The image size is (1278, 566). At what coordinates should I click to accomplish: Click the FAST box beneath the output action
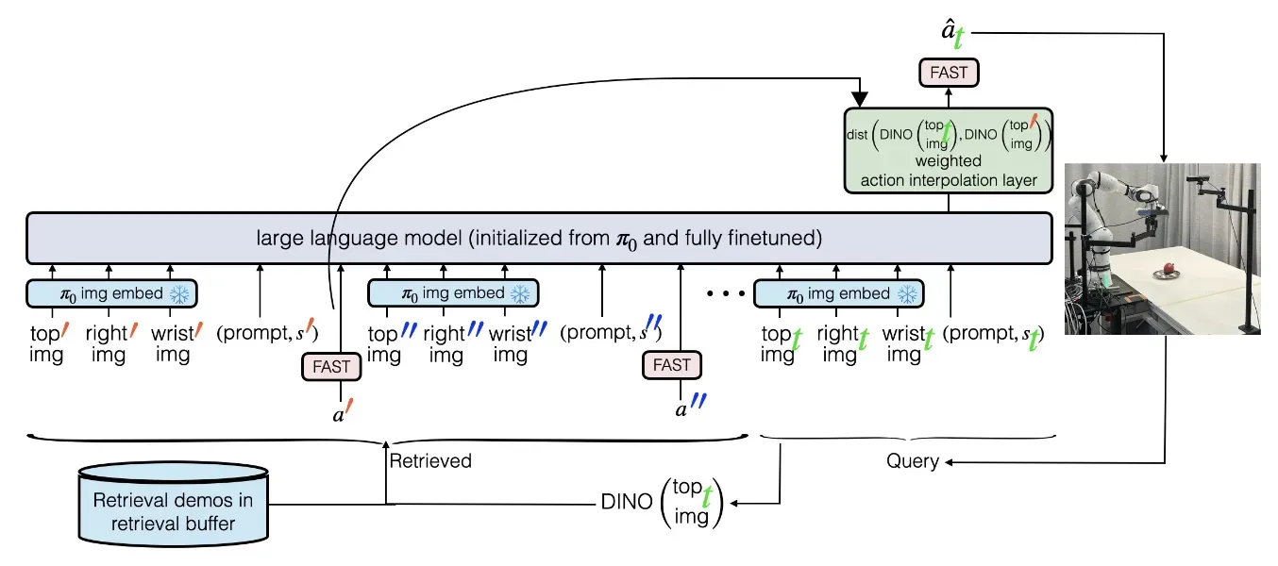pos(949,73)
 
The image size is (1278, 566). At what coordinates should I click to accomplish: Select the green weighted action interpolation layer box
pos(949,151)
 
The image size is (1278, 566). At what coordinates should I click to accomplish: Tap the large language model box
pos(539,239)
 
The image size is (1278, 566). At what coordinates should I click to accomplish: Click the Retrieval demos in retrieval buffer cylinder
pos(174,505)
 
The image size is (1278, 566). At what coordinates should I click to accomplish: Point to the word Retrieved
pos(430,460)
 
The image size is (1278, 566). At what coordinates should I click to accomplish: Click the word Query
pos(913,460)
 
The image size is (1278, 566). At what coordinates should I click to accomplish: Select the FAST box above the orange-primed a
pos(331,367)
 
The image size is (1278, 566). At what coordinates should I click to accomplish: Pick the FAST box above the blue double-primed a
pos(672,365)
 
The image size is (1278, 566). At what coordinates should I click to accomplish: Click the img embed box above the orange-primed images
pos(111,293)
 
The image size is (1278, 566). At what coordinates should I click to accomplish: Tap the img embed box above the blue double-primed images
pos(453,293)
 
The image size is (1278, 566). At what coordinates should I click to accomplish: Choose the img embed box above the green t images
pos(839,293)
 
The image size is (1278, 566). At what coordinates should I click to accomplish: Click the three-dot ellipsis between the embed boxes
pos(726,293)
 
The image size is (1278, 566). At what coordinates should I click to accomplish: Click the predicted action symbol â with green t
pos(952,33)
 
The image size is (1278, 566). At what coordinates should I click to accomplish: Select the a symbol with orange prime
pos(343,411)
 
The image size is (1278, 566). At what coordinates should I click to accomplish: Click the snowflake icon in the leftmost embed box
pos(179,294)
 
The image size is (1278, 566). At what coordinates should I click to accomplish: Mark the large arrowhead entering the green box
pos(859,99)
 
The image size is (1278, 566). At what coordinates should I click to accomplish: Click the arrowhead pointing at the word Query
pos(949,462)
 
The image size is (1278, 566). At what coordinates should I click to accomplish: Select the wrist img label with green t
pos(908,343)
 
